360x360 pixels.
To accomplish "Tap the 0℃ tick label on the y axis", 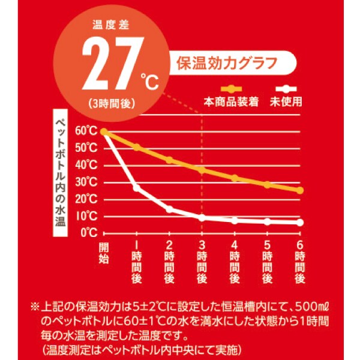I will tap(89, 233).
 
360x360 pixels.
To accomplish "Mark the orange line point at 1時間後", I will tap(137, 147).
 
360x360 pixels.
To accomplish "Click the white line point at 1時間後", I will tap(137, 188).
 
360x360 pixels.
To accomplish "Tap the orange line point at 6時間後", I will tap(300, 190).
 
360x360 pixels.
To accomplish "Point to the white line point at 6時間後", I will tap(300, 223).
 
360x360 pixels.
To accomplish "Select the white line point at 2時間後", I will tap(169, 209).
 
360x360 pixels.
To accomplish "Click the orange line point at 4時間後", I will tap(235, 178).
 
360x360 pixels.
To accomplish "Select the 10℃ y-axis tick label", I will tap(86, 216).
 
